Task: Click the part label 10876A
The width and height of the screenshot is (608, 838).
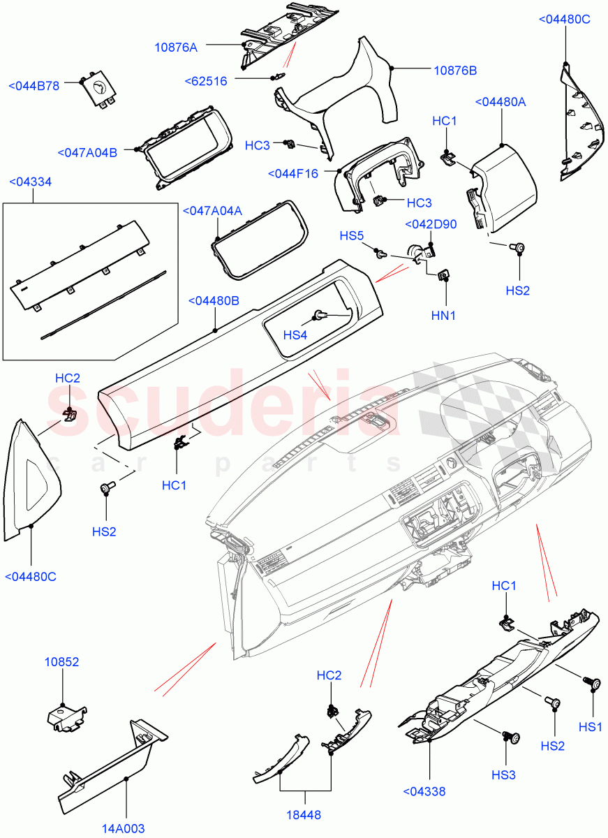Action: (x=176, y=47)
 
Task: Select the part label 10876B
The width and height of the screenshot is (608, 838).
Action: (x=455, y=71)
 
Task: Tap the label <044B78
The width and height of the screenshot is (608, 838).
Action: (x=34, y=85)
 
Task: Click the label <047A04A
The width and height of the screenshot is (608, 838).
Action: (x=212, y=211)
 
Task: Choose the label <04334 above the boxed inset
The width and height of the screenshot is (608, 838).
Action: (x=31, y=182)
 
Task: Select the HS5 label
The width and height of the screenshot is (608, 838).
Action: (x=352, y=235)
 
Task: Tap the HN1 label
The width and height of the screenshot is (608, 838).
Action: (x=443, y=316)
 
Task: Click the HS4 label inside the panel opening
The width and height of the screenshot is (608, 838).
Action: (x=295, y=335)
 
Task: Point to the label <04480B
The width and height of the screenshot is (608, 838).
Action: (x=214, y=301)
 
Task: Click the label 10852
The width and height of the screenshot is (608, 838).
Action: (x=62, y=661)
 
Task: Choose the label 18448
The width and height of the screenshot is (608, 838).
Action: (x=305, y=814)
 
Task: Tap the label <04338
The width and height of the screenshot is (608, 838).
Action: (x=424, y=791)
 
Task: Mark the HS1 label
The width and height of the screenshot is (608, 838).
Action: (x=591, y=726)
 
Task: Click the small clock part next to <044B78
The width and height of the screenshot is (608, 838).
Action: (x=96, y=91)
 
